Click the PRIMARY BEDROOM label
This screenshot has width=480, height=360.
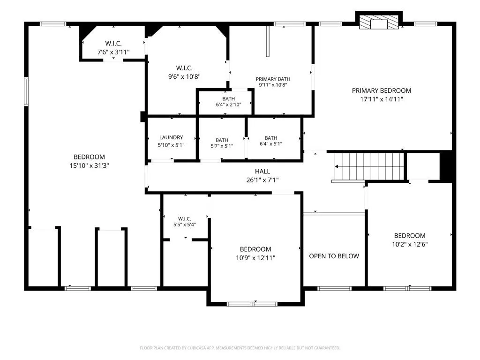tap(382, 90)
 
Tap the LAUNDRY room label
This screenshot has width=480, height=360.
tap(171, 137)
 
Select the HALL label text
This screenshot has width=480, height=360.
tap(262, 172)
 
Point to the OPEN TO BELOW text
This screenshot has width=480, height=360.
tap(334, 256)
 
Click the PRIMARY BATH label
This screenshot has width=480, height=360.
tap(273, 79)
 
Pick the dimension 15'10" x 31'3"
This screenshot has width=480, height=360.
tap(90, 165)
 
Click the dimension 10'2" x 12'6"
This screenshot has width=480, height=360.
tap(410, 244)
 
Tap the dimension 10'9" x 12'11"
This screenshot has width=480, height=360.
tap(255, 258)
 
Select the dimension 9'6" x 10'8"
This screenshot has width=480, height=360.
tap(184, 76)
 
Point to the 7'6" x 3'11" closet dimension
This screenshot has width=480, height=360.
tap(113, 52)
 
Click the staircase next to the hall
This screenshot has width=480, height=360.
tap(369, 167)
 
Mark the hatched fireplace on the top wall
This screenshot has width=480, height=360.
tap(379, 22)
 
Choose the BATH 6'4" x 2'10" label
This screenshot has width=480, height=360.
tap(229, 102)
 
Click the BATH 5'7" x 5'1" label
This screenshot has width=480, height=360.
tap(222, 143)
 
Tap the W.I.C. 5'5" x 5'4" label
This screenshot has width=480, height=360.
tap(185, 222)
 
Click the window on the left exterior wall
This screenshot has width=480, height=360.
tap(26, 91)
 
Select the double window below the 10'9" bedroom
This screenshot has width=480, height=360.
tap(252, 304)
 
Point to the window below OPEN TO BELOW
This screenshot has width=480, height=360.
tap(334, 288)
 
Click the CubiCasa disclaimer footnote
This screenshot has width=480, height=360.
tap(240, 348)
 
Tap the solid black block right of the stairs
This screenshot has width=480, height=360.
tap(446, 166)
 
